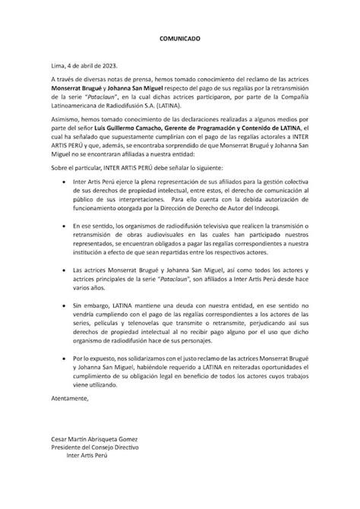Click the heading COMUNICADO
[x=180, y=37]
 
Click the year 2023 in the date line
[x=105, y=66]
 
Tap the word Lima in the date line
[x=57, y=66]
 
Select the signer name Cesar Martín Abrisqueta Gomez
[x=99, y=460]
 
